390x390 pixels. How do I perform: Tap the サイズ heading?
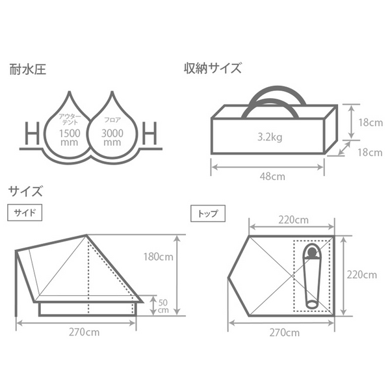(26, 192)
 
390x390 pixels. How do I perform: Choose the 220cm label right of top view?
(361, 274)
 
